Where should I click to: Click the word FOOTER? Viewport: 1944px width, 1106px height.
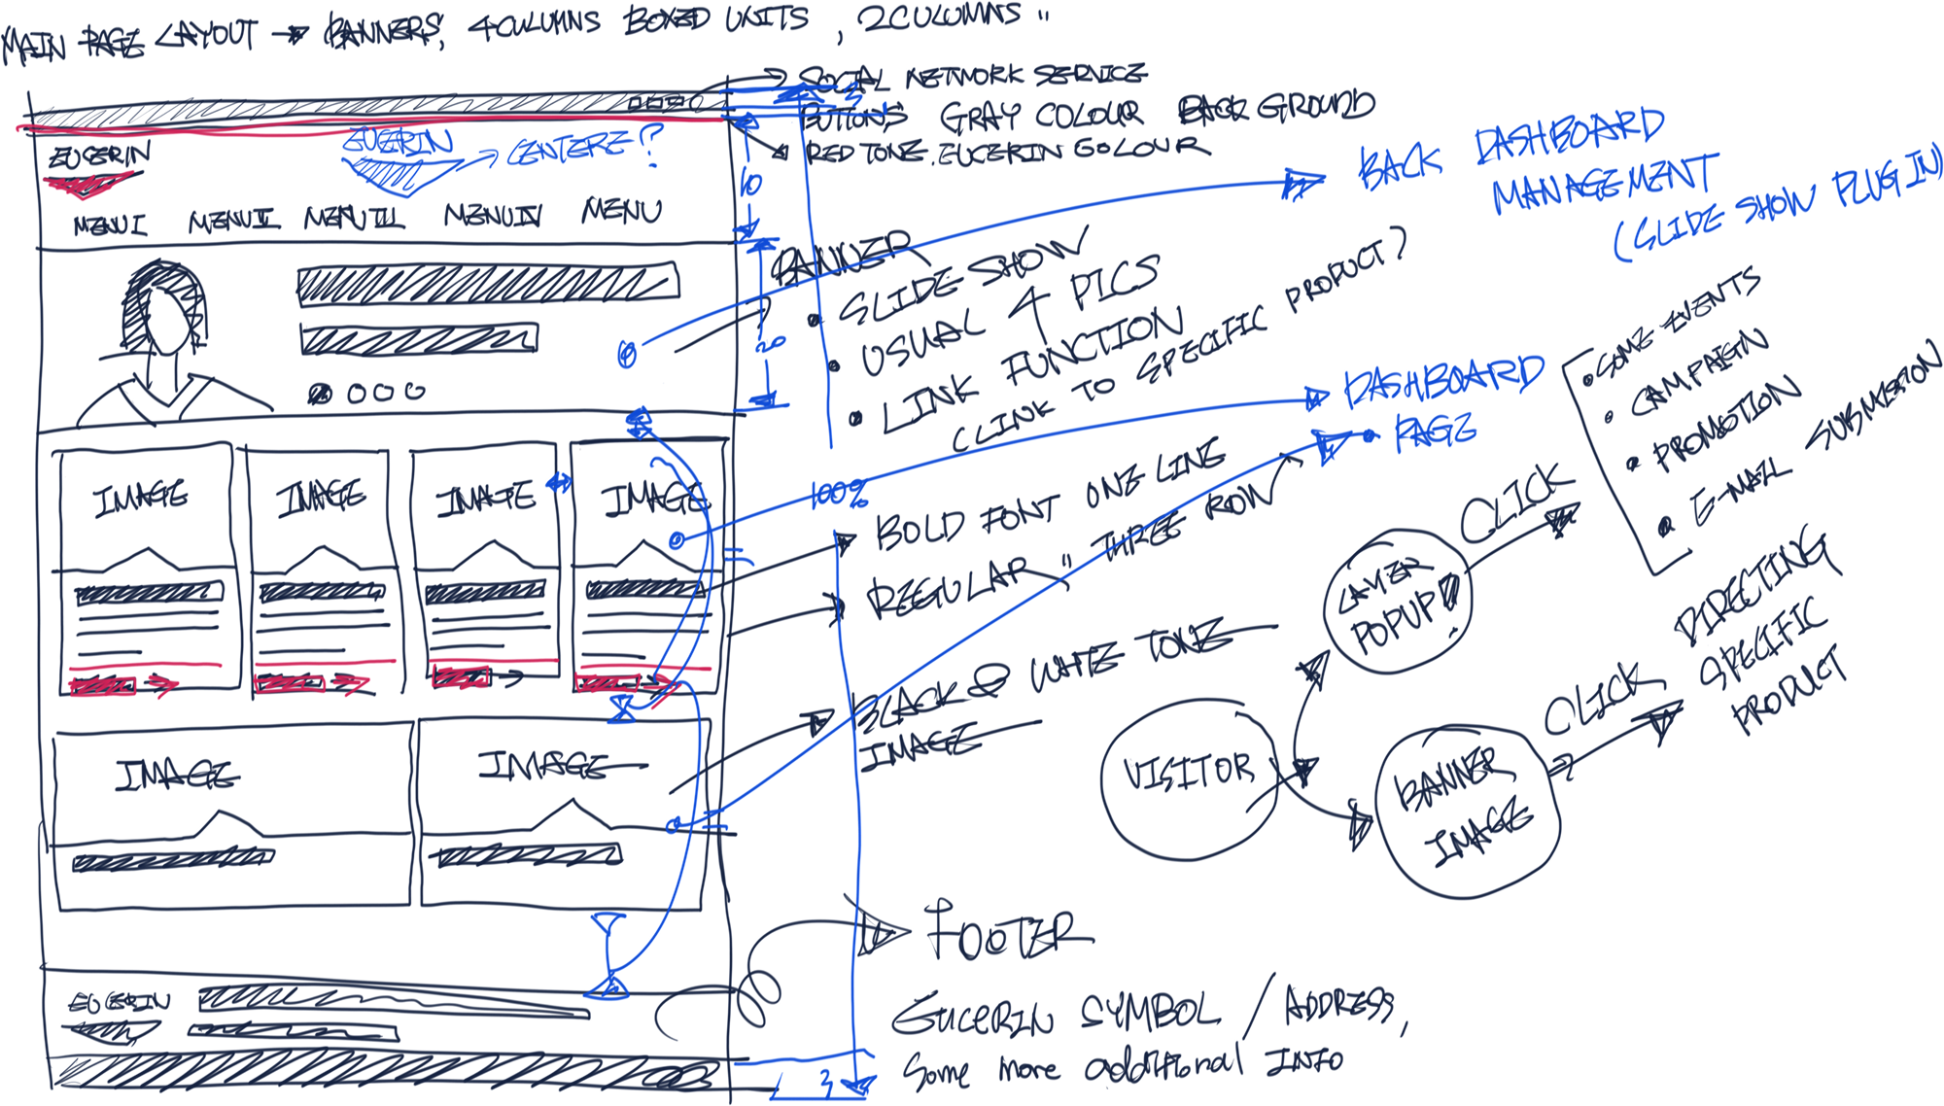1006,933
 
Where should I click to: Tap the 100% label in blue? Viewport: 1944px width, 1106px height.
838,496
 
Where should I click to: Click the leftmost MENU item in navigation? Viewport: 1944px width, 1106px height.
110,225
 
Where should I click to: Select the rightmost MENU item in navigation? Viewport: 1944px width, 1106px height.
622,210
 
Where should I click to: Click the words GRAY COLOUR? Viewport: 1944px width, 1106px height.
1040,117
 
